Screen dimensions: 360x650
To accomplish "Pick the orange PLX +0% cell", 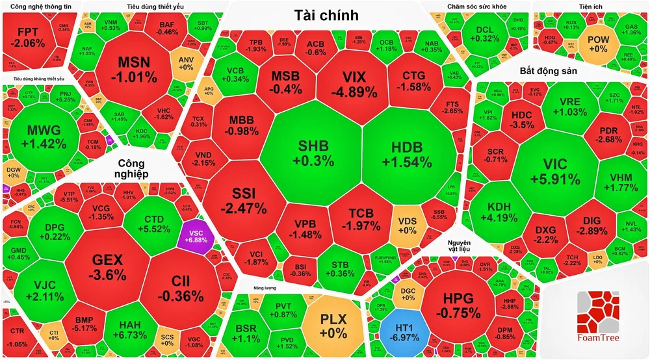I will pos(334,323).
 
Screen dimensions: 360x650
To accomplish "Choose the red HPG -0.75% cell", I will pos(464,303).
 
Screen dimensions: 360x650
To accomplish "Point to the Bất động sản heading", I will pos(550,70).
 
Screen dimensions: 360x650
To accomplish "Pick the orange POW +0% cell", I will pos(597,44).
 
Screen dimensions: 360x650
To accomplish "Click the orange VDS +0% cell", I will pos(408,224).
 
